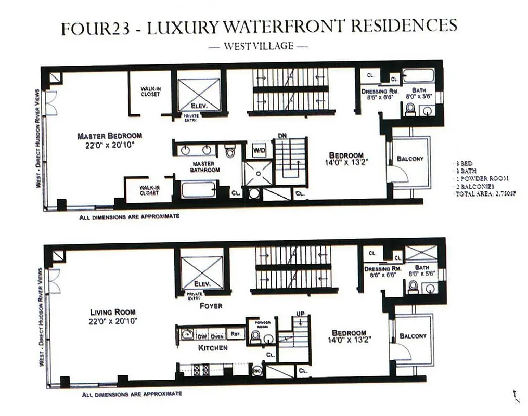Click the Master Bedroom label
(109, 136)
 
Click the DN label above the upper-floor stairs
(282, 136)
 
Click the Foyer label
(211, 306)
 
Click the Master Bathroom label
(207, 166)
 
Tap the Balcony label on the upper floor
(410, 159)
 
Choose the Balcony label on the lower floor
(413, 336)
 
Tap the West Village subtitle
(258, 46)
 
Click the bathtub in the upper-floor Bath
(419, 77)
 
